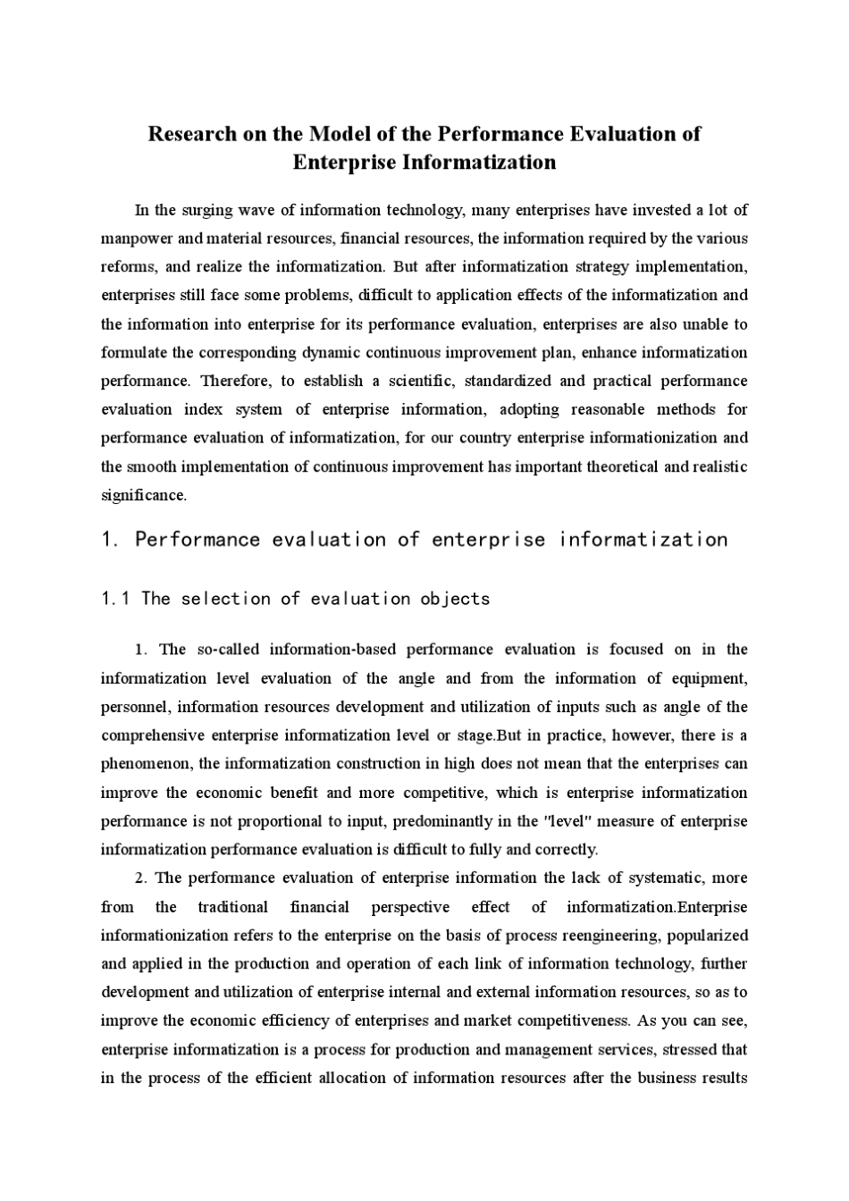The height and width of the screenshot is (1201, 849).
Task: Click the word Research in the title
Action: pos(193,134)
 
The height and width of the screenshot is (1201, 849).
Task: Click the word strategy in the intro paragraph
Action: pos(599,267)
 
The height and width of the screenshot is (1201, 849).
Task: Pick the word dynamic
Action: pos(330,352)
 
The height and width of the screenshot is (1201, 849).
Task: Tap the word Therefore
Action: pos(236,381)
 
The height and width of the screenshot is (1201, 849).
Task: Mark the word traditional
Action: pos(232,907)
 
